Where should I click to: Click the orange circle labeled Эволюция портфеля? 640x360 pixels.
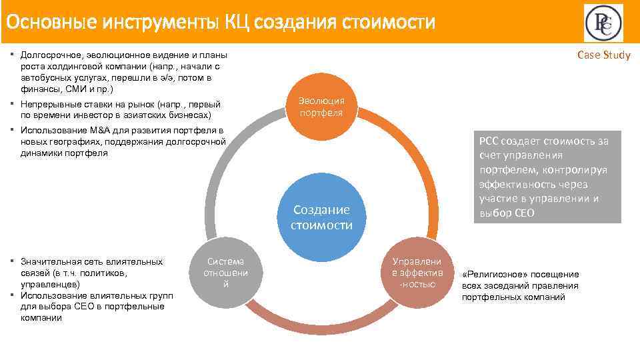click(321, 107)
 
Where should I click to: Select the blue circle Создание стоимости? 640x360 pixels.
click(321, 217)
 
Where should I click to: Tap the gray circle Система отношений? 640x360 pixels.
click(225, 273)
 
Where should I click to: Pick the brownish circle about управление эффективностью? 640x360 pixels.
click(417, 273)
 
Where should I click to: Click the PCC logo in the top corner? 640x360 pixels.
click(604, 23)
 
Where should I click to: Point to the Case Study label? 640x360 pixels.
click(603, 55)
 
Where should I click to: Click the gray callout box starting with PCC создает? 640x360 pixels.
click(547, 177)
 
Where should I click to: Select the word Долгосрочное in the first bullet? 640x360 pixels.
click(49, 55)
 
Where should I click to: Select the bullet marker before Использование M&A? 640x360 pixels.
click(15, 130)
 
